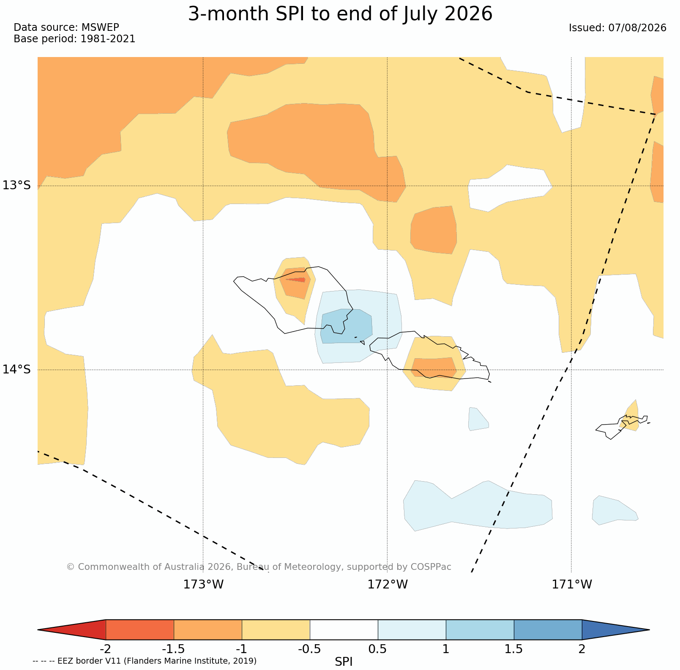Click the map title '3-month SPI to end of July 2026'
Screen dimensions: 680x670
[x=340, y=14]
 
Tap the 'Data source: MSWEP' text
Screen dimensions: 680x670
[x=66, y=27]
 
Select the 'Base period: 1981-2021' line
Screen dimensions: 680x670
[x=74, y=39]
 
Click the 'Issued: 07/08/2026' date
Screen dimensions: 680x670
[x=617, y=28]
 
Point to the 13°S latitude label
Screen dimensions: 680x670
[x=17, y=185]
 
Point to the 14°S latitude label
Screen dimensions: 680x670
[x=17, y=370]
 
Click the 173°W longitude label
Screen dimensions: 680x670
[x=203, y=585]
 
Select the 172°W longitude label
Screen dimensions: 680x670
[x=388, y=585]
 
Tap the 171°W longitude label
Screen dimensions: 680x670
[x=572, y=585]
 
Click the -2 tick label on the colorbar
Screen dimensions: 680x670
[x=105, y=649]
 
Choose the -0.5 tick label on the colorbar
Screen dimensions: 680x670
[x=309, y=649]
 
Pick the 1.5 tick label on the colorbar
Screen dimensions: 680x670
[x=514, y=649]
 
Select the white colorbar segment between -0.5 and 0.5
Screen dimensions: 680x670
[x=344, y=630]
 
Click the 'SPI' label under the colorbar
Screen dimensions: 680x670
[x=344, y=662]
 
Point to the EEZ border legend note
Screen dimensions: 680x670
[x=145, y=661]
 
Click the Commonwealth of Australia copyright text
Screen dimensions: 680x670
[x=259, y=567]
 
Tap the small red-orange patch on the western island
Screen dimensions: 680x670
[x=296, y=279]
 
